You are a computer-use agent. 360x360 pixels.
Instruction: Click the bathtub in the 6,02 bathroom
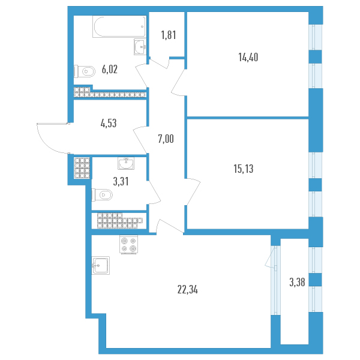pyautogui.click(x=119, y=26)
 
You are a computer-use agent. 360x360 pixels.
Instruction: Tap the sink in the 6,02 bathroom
pyautogui.click(x=140, y=47)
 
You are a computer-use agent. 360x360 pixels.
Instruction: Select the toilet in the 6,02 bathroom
pyautogui.click(x=85, y=71)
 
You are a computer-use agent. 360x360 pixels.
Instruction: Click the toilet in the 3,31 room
pyautogui.click(x=102, y=195)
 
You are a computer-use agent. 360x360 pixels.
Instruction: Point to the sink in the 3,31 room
pyautogui.click(x=126, y=163)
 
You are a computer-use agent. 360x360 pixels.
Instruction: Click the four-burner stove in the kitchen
pyautogui.click(x=129, y=244)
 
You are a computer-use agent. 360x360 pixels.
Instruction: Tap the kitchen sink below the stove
pyautogui.click(x=101, y=265)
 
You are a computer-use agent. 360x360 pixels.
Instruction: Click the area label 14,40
pyautogui.click(x=248, y=57)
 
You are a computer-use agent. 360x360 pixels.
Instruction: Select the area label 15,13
pyautogui.click(x=244, y=169)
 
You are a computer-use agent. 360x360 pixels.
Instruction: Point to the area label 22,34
pyautogui.click(x=188, y=290)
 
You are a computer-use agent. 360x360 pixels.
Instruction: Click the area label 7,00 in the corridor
pyautogui.click(x=166, y=139)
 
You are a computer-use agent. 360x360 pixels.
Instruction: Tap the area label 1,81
pyautogui.click(x=169, y=35)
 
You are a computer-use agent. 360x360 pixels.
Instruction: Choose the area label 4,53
pyautogui.click(x=109, y=123)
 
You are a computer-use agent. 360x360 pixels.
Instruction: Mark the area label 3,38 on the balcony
pyautogui.click(x=297, y=283)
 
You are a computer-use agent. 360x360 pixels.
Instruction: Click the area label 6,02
pyautogui.click(x=110, y=70)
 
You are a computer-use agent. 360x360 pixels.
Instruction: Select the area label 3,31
pyautogui.click(x=121, y=182)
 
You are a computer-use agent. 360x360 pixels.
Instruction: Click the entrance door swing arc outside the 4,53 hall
pyautogui.click(x=45, y=144)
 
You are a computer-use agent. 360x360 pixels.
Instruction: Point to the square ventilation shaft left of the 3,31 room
pyautogui.click(x=82, y=168)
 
